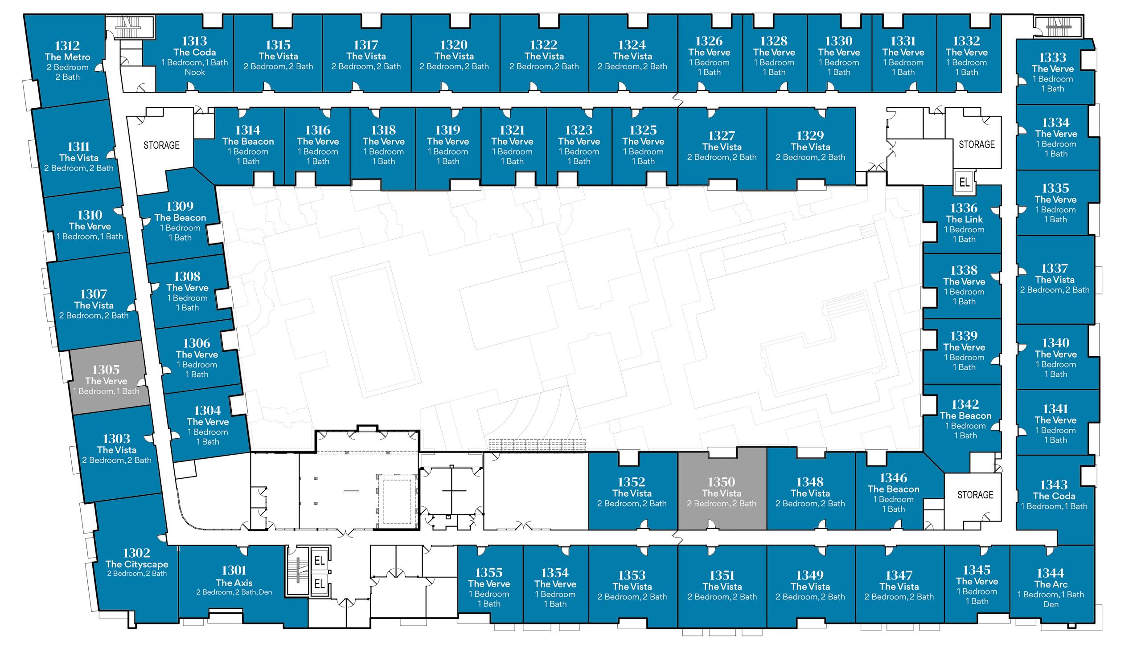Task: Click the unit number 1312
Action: point(67,46)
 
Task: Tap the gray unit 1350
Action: point(722,489)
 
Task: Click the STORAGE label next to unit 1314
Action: point(161,145)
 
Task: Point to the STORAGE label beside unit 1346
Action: point(975,495)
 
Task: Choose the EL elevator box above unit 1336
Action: point(965,182)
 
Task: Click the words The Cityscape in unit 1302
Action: point(137,564)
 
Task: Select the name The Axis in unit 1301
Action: point(234,583)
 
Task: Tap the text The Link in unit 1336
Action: point(965,219)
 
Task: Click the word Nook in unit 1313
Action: point(195,72)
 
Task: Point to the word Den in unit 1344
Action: point(1051,604)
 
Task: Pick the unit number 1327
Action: point(722,135)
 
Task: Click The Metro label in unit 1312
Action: point(67,57)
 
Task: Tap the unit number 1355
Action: point(489,572)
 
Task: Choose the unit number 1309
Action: point(180,206)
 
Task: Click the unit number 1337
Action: point(1055,268)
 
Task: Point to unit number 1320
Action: point(454,45)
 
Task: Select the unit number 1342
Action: point(965,404)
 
